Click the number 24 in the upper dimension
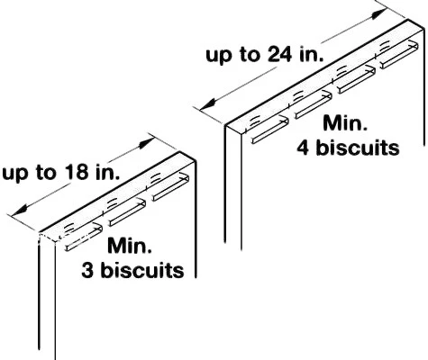click(279, 55)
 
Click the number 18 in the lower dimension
click(76, 173)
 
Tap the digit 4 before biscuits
click(304, 148)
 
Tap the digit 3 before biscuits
click(87, 270)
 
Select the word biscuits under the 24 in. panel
click(358, 148)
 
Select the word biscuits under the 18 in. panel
click(142, 270)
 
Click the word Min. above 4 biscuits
click(345, 123)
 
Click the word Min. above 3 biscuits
click(130, 246)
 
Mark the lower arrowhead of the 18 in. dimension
click(19, 211)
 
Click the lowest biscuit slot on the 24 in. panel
click(270, 130)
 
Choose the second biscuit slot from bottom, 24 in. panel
click(314, 105)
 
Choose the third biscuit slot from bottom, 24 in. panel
click(356, 79)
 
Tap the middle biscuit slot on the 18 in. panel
click(127, 212)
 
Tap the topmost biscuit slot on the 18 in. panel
click(170, 187)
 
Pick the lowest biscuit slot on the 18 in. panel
click(84, 237)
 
